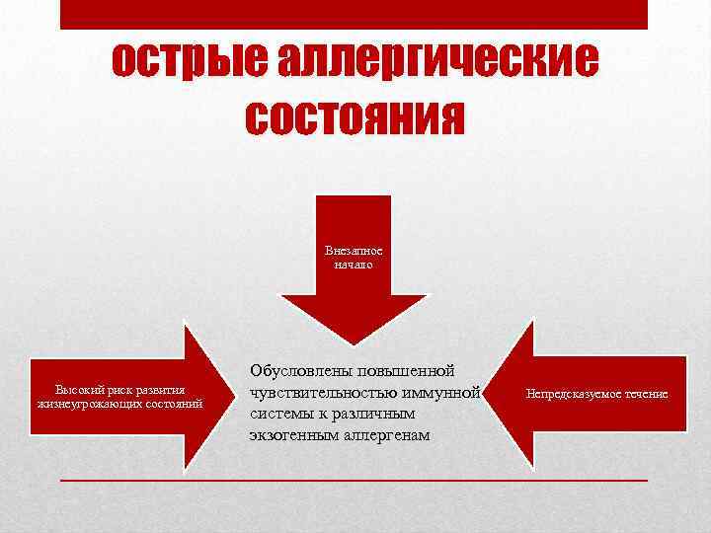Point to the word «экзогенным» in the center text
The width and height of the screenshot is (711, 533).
click(290, 434)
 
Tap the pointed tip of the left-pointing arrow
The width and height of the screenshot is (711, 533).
click(482, 393)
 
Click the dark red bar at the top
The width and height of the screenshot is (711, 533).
click(354, 14)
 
